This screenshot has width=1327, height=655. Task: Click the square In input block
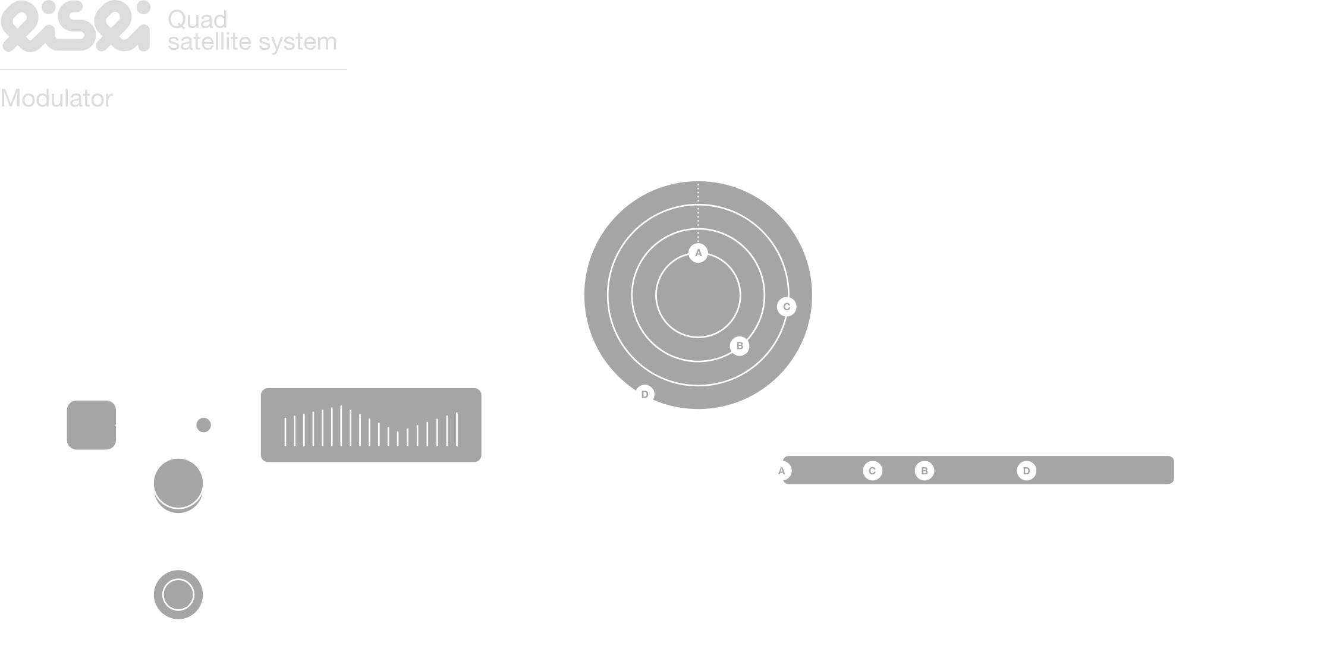(x=91, y=424)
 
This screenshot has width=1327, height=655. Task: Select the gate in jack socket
(x=178, y=594)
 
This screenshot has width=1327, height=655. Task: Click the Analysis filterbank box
(x=371, y=425)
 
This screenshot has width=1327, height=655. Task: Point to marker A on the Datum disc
(x=699, y=253)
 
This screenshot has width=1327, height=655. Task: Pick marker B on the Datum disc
(x=740, y=346)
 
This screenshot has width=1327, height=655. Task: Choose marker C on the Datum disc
(x=787, y=307)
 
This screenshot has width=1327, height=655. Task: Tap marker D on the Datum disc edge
(x=644, y=395)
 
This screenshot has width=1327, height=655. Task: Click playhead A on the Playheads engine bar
(x=782, y=471)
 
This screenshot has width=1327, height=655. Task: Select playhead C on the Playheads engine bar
(x=872, y=471)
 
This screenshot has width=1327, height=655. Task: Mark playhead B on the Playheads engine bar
(x=925, y=471)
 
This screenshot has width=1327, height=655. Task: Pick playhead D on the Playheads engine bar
(x=1026, y=471)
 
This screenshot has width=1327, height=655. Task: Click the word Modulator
(x=56, y=99)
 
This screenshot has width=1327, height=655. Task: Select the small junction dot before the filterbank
(x=204, y=425)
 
